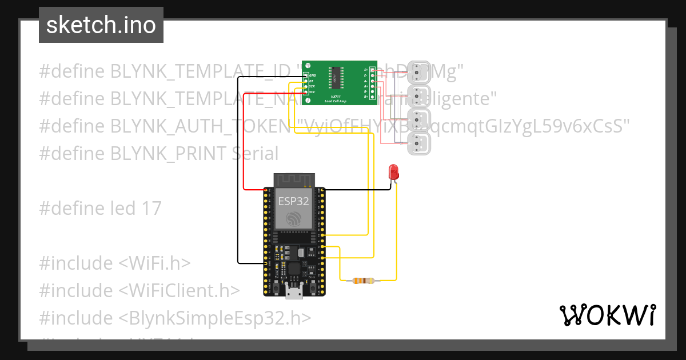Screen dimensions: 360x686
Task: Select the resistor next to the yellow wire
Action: click(364, 281)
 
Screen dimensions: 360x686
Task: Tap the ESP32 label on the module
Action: click(293, 201)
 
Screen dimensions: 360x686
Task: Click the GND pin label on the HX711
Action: click(312, 75)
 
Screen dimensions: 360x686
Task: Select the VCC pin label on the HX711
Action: click(312, 91)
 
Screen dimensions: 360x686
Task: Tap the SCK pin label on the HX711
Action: click(312, 86)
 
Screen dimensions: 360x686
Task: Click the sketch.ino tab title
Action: click(101, 25)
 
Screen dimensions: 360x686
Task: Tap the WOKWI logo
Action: click(607, 315)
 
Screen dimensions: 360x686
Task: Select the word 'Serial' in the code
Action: click(256, 153)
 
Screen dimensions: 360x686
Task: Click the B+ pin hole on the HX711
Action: click(372, 97)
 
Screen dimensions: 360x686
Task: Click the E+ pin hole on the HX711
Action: click(372, 70)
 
